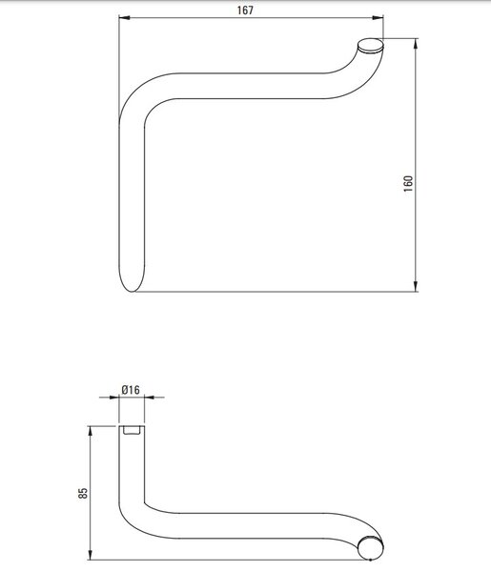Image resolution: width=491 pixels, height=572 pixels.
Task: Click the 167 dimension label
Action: point(245,10)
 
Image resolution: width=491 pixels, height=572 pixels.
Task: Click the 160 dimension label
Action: point(409,183)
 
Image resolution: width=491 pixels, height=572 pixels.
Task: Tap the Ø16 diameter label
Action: point(131,390)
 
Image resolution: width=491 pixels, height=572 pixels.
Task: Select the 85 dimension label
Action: point(83,493)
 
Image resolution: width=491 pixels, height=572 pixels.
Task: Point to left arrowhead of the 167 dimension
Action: point(124,17)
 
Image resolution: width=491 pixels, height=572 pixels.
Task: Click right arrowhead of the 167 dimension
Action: point(378,17)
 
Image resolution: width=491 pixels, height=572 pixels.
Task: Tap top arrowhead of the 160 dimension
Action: point(417,44)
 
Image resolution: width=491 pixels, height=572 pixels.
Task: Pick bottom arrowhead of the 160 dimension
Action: point(417,286)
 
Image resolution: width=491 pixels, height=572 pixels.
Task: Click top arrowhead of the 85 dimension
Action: point(91,432)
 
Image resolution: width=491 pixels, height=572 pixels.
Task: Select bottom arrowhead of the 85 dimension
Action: point(91,554)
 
